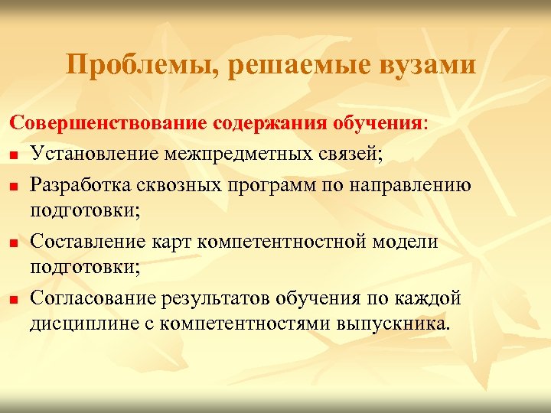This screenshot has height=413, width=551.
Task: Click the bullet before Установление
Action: pyautogui.click(x=15, y=156)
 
